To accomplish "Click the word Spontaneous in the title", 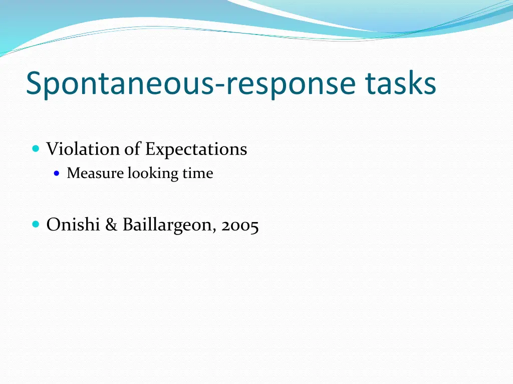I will [119, 83].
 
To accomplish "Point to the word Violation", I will [83, 149].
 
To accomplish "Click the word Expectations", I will [196, 149].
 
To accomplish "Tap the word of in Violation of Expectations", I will [133, 149].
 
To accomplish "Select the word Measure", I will [95, 173].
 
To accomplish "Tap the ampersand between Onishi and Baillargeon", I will [111, 225].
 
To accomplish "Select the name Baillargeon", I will [168, 225].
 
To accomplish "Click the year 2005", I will [240, 226].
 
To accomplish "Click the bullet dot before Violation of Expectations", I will [35, 148].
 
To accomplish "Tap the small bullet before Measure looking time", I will [57, 173].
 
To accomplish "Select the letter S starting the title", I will [34, 83].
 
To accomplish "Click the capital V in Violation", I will [52, 149].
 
